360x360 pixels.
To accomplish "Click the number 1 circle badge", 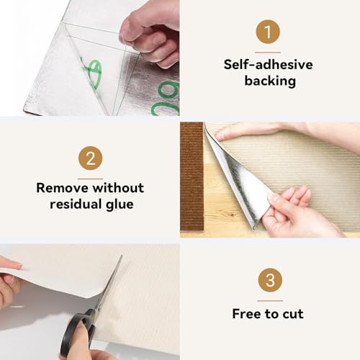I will click(x=269, y=32).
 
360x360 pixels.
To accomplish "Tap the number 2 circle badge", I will click(x=90, y=158).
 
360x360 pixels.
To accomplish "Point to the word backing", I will click(x=269, y=81).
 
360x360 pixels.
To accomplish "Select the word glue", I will click(x=122, y=204).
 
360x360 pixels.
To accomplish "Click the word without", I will click(x=115, y=188).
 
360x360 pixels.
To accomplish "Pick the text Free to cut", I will click(x=269, y=313).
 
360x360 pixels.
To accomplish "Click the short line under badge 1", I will click(x=269, y=51).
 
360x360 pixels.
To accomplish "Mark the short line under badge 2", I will click(x=90, y=177).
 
